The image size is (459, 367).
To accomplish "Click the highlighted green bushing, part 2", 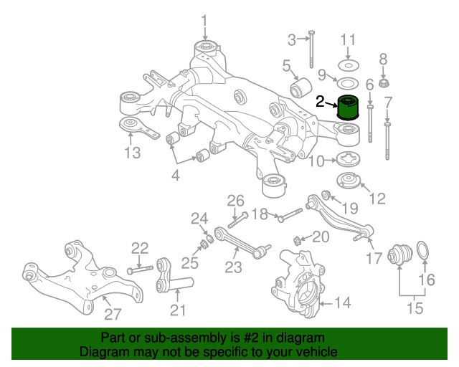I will click(x=348, y=107).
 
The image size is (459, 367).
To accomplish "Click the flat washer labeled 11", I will click(x=348, y=65).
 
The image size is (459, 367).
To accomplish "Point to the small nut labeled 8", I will click(x=383, y=82).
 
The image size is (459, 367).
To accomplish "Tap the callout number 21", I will click(x=177, y=310).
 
